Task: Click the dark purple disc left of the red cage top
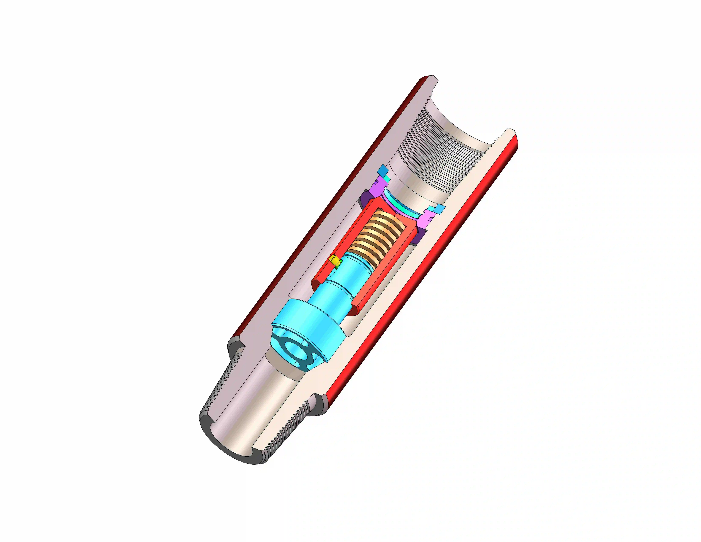tap(364, 199)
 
